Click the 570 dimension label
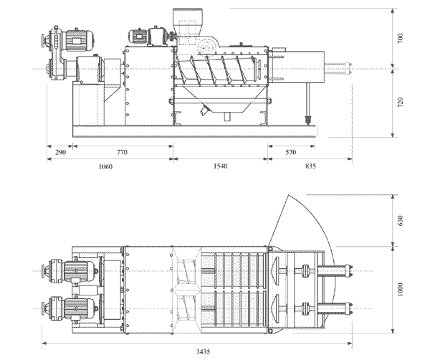coord(291,153)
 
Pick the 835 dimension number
coord(310,166)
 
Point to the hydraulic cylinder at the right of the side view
coord(337,70)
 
